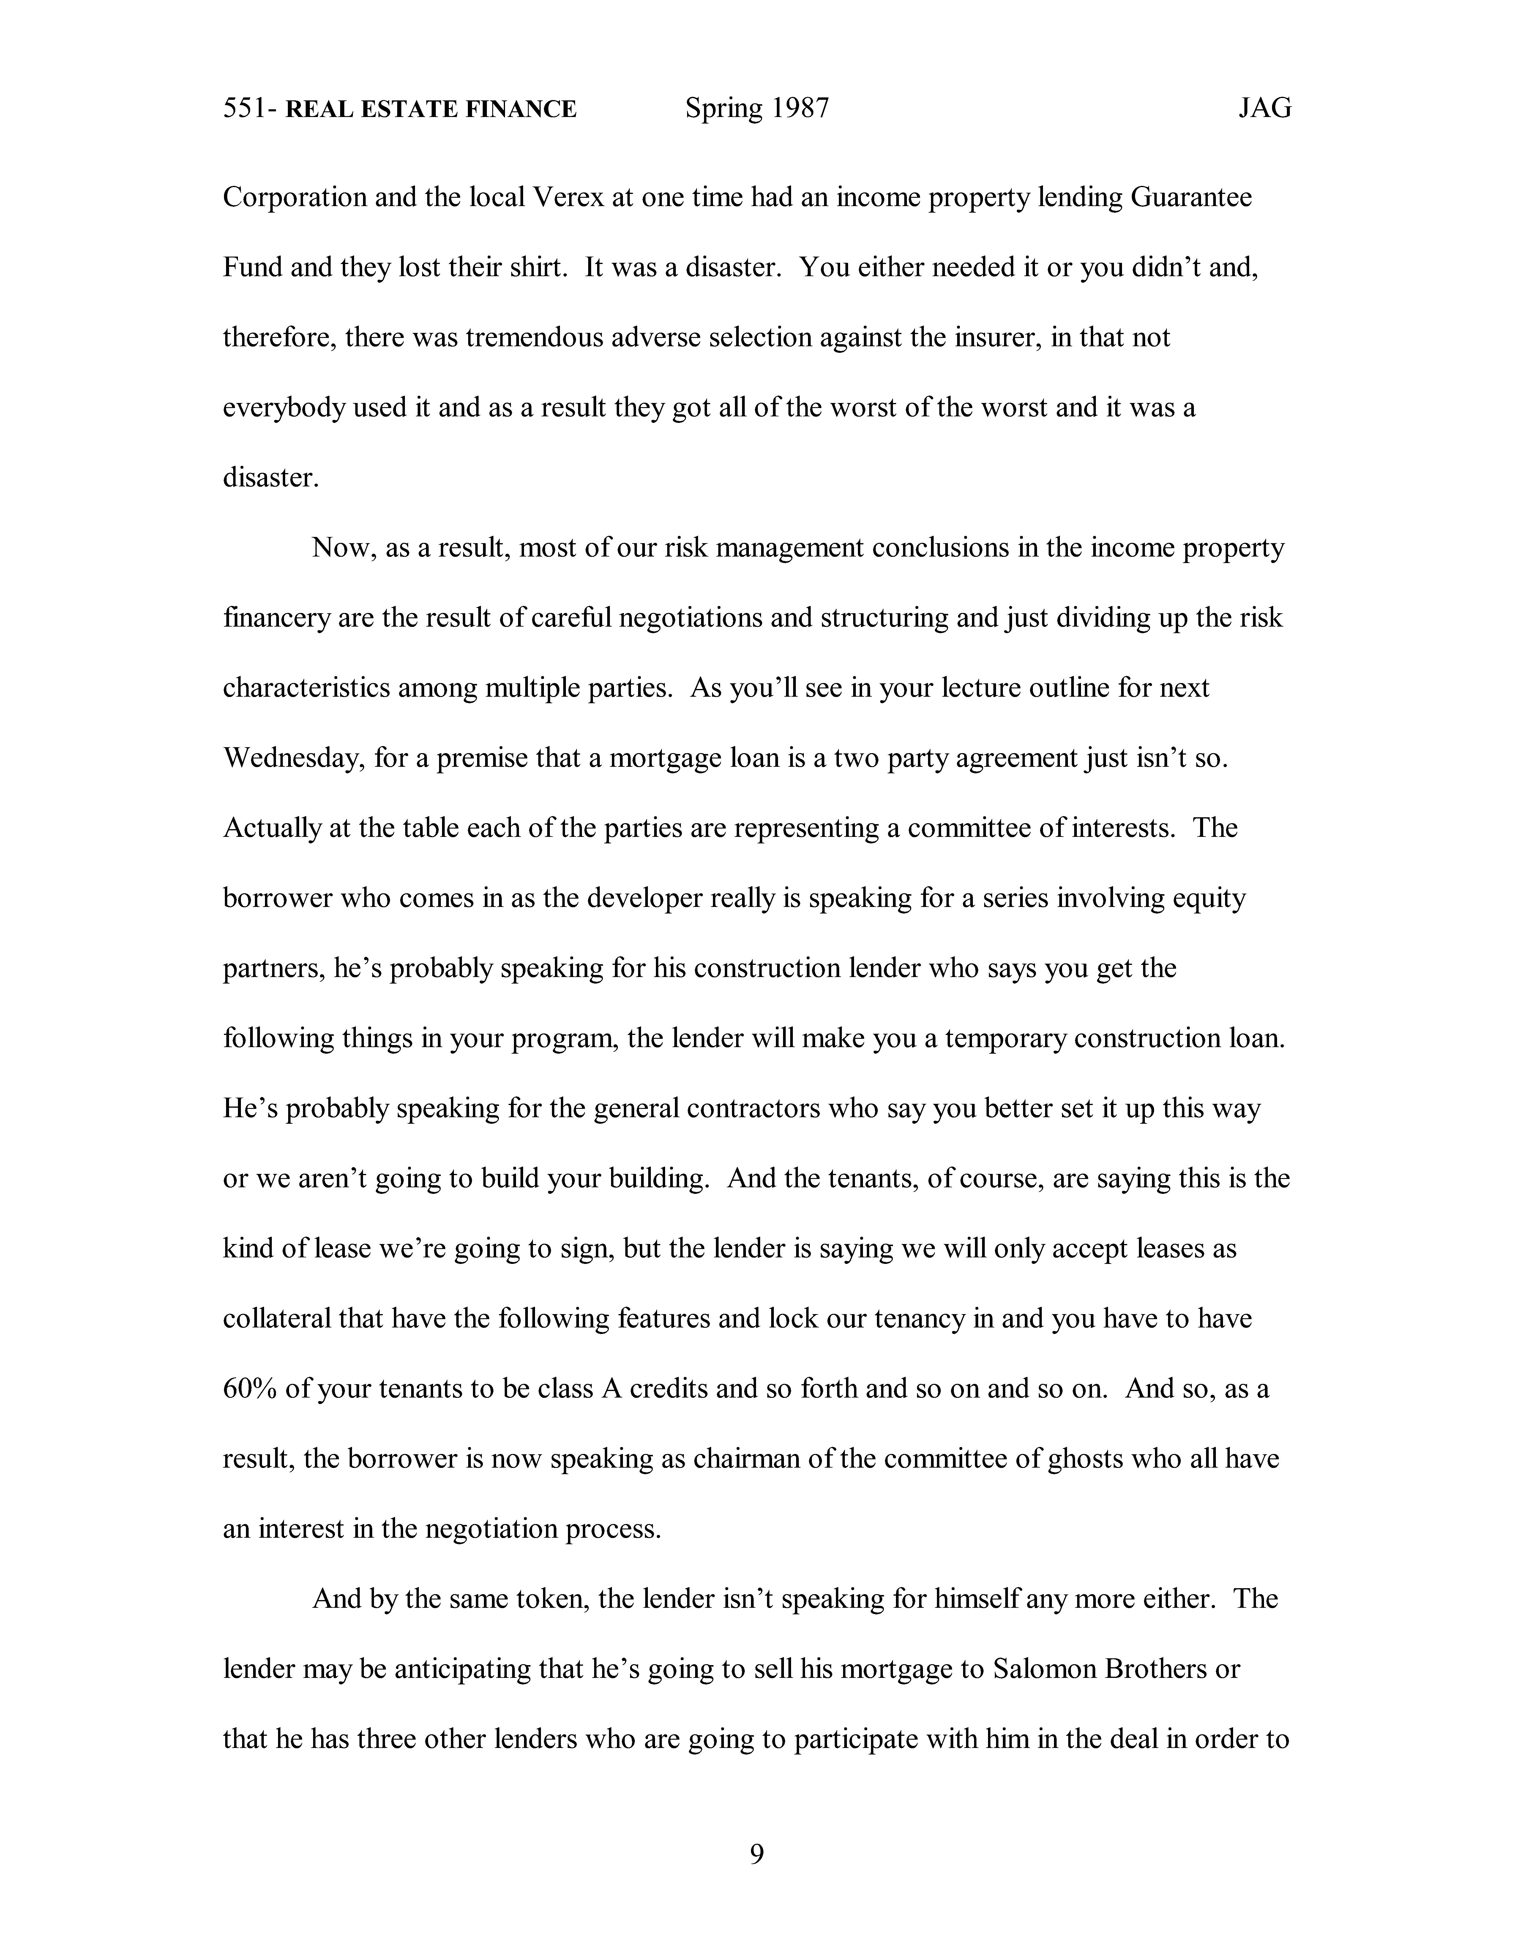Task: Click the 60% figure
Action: point(250,1389)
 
